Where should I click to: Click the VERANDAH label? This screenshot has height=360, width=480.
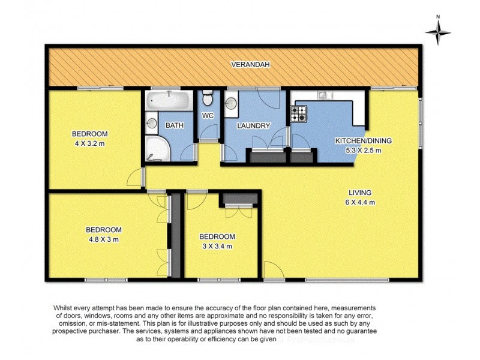click(x=246, y=64)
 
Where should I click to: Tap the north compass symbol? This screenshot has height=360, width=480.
click(x=439, y=32)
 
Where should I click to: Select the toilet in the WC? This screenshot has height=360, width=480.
click(x=207, y=97)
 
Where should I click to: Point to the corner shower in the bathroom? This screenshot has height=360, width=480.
click(x=157, y=149)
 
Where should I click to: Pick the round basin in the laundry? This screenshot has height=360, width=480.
click(x=231, y=103)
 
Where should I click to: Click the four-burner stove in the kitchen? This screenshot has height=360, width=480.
click(x=298, y=113)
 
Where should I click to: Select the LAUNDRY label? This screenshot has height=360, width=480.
click(x=254, y=126)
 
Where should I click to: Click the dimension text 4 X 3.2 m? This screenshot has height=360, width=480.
click(x=89, y=143)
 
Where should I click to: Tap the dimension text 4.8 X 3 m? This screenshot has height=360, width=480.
click(x=103, y=239)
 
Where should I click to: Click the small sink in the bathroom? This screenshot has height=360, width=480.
click(x=151, y=124)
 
